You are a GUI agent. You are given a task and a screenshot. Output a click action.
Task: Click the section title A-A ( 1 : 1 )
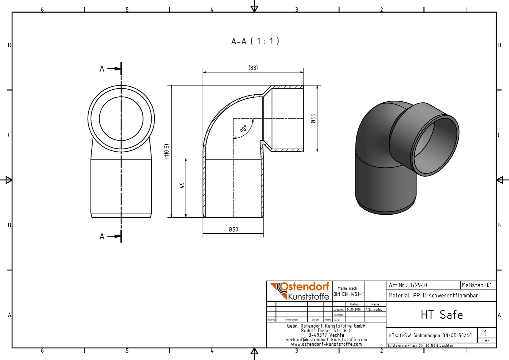[x=255, y=41]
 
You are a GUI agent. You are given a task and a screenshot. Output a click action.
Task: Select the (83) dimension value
[x=253, y=68]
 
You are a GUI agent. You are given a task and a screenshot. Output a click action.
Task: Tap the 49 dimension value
[x=182, y=185]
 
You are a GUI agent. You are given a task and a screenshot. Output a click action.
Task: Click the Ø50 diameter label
[x=234, y=229]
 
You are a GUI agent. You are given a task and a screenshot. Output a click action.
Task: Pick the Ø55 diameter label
[x=313, y=118]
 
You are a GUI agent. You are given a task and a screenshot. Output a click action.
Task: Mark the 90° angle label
[x=243, y=129]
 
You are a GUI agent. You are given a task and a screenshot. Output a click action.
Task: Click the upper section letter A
[x=102, y=69]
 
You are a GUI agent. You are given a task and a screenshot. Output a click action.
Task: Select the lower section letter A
[x=102, y=237]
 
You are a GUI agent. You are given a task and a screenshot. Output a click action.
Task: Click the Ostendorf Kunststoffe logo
[x=299, y=291]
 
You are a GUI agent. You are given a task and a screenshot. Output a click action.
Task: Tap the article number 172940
[x=418, y=285]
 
